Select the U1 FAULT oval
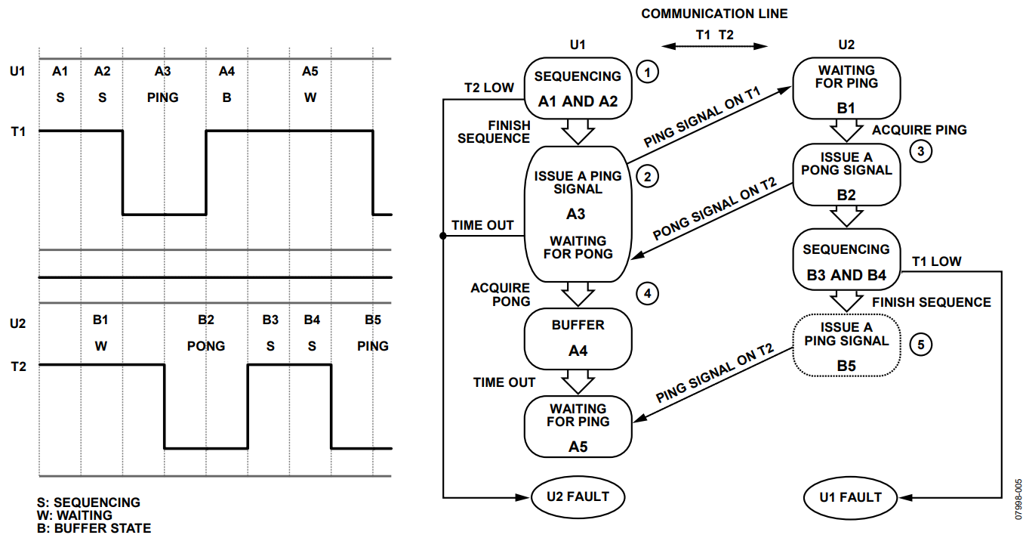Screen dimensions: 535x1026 (851, 497)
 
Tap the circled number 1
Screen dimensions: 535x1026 (647, 73)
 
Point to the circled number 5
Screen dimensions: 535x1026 (920, 345)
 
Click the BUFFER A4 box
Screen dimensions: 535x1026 (578, 338)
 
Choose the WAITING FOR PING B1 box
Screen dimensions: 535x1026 (846, 86)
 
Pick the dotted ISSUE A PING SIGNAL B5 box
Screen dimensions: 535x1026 (846, 346)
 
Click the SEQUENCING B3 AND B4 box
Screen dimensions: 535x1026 (846, 261)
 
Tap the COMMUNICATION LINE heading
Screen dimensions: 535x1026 (714, 14)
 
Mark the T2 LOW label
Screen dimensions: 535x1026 (488, 88)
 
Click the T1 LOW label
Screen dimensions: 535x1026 (937, 261)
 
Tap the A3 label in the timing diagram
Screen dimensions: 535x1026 (163, 72)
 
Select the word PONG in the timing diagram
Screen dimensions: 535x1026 (206, 346)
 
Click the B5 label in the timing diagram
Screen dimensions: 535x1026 (373, 320)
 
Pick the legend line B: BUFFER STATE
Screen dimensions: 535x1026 (94, 528)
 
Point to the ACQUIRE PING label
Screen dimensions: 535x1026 (920, 130)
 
